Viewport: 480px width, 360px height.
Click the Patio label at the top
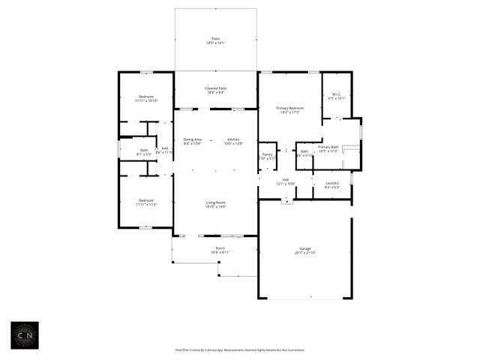click(216, 38)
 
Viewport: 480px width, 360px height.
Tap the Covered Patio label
click(216, 88)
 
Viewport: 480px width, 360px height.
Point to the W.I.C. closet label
click(337, 94)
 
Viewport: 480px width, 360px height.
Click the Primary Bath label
click(328, 147)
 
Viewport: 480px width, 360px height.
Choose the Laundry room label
click(332, 183)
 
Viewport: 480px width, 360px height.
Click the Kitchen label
click(233, 139)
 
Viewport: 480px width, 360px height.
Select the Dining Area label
click(193, 139)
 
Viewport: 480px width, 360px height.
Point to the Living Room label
click(216, 202)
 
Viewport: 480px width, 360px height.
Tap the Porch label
click(220, 248)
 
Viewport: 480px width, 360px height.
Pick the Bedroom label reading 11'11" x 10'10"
click(145, 97)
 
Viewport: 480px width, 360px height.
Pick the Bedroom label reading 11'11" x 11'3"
click(145, 200)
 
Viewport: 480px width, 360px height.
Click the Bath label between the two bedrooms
click(143, 150)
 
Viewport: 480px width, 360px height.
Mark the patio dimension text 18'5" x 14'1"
click(216, 43)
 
